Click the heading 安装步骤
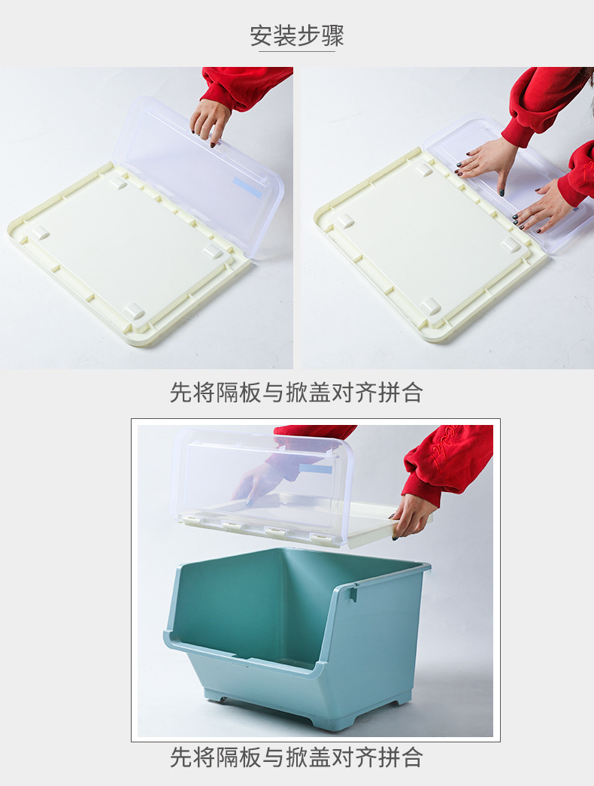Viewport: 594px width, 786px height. [x=297, y=35]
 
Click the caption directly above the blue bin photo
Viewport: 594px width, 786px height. [x=296, y=393]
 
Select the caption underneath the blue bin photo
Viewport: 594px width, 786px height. [x=296, y=757]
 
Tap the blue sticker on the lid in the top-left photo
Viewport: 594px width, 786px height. [x=247, y=188]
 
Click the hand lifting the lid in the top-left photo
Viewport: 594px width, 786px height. [x=210, y=121]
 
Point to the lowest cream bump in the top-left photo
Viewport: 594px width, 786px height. [x=135, y=311]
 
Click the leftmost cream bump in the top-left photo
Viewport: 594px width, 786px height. [x=40, y=232]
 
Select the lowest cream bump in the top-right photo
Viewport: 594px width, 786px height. [x=430, y=306]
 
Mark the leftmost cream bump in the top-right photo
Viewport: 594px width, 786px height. [x=345, y=220]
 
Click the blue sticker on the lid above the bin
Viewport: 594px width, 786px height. [x=317, y=469]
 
